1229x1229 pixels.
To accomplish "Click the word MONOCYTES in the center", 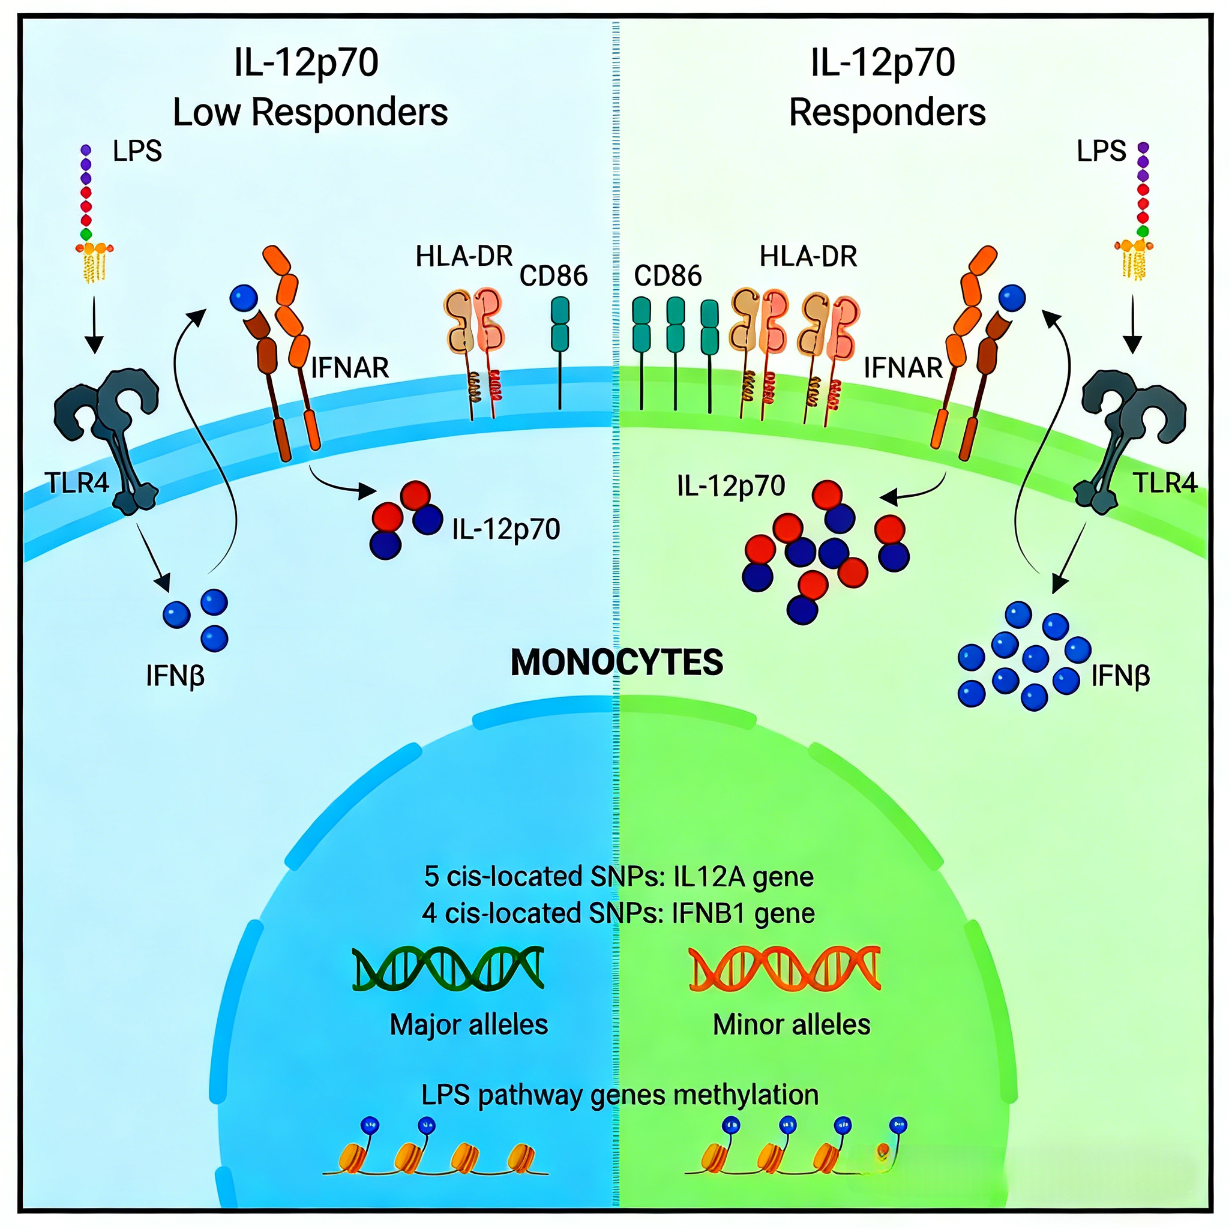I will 616,663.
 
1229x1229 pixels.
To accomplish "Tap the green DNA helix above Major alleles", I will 448,968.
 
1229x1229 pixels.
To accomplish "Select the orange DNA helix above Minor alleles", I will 784,968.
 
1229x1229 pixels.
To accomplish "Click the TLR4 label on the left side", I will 77,483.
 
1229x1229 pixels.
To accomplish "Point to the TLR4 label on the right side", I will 1165,483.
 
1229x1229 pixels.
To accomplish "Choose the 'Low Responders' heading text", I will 310,112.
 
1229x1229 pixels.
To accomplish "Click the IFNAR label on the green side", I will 903,368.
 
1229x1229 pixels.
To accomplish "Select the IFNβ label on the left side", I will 175,676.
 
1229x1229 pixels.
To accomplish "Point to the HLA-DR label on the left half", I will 464,256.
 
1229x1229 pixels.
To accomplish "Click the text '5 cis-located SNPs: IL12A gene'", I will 618,876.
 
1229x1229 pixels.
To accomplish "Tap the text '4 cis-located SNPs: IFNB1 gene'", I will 618,913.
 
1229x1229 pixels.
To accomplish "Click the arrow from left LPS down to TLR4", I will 94,324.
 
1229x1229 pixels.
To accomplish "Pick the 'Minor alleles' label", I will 792,1024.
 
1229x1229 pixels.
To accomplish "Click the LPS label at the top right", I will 1101,151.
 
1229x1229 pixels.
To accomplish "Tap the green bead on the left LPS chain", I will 86,234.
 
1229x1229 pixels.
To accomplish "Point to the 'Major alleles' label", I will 469,1024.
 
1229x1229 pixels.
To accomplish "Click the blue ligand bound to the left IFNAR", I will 244,297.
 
